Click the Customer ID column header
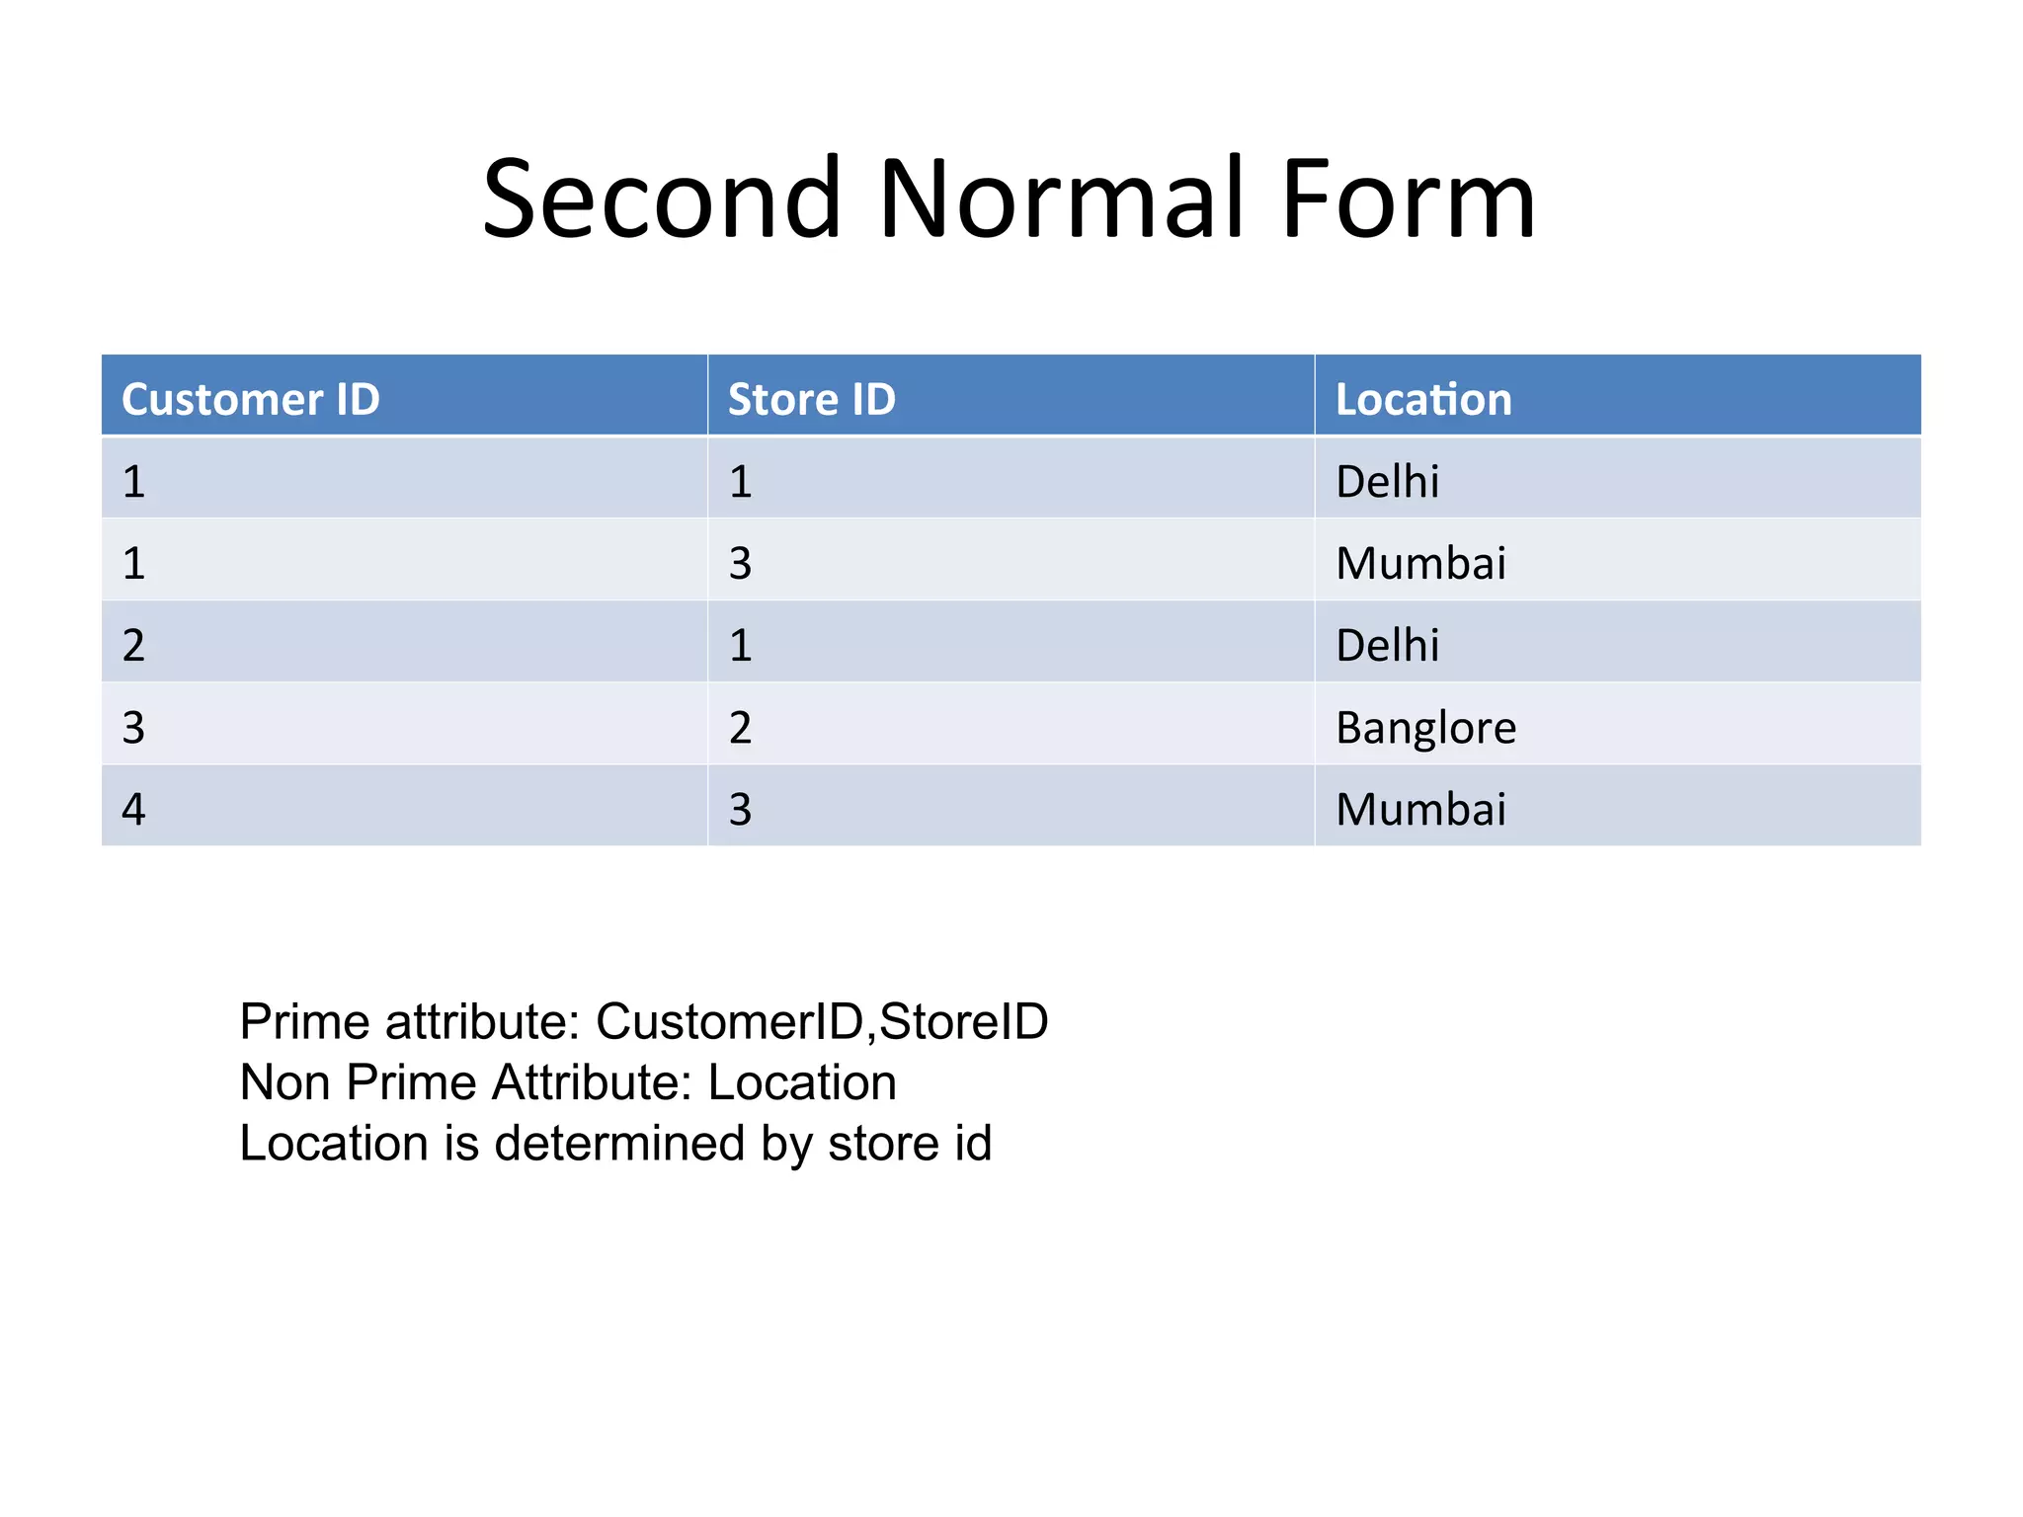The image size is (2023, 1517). click(251, 399)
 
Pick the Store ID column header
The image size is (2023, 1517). click(811, 399)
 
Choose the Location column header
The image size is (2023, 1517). click(1422, 399)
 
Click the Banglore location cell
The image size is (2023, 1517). click(1425, 728)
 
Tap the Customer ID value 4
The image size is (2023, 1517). click(134, 810)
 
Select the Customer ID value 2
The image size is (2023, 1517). click(134, 646)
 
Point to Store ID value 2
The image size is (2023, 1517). click(741, 728)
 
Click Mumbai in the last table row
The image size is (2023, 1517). click(1420, 810)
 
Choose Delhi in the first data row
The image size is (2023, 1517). click(1387, 482)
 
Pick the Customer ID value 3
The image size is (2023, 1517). click(134, 728)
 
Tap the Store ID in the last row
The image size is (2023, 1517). click(741, 810)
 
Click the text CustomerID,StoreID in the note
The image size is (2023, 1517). click(822, 1021)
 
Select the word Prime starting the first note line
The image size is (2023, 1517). click(305, 1021)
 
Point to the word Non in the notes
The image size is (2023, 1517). click(284, 1082)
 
